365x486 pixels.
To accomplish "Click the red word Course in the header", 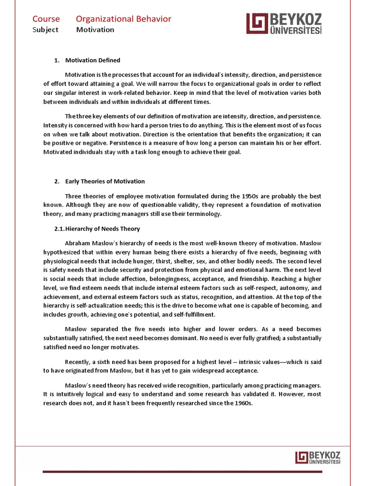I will click(46, 19).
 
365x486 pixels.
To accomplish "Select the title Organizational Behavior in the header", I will click(124, 19).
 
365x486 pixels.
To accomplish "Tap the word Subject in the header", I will click(46, 29).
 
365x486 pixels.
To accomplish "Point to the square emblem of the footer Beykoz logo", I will click(301, 457).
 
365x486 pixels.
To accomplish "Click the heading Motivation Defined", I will click(92, 60).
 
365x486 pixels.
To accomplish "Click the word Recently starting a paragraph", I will click(79, 362).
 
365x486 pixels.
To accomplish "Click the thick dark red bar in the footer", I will click(182, 472).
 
